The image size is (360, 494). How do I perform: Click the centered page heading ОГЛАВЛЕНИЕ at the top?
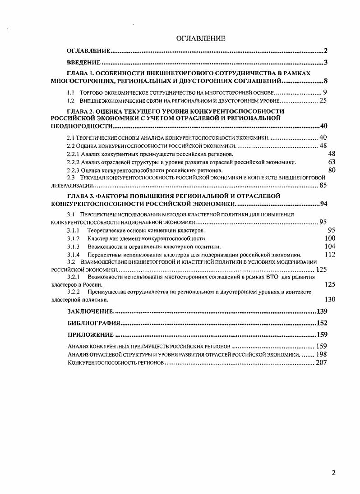coord(201,39)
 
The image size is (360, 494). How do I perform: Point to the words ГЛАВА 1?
coord(79,73)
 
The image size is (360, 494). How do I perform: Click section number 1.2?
coord(70,101)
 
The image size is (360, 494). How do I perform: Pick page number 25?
coord(323,101)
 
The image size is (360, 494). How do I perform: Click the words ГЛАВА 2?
coord(79,111)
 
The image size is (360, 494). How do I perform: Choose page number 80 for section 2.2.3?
coord(332,170)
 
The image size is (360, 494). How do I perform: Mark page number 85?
coord(323,185)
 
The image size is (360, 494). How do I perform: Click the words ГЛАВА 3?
coord(79,196)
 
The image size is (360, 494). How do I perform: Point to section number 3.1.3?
coord(73,247)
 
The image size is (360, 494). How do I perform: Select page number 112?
coord(330,255)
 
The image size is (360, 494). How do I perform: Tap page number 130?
coord(330,299)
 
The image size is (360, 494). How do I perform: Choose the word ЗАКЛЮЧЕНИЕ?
coord(90,311)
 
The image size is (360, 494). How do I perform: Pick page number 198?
coord(321,355)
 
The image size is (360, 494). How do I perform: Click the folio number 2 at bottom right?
coord(333,473)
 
